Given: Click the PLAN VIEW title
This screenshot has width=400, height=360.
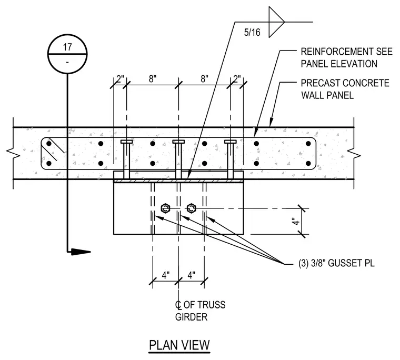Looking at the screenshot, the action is pyautogui.click(x=179, y=345).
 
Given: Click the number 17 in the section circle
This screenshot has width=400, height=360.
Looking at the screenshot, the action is pyautogui.click(x=67, y=47).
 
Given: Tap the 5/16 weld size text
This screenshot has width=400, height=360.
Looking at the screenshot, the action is pyautogui.click(x=252, y=33).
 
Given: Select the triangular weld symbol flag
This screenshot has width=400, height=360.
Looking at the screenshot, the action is pyautogui.click(x=276, y=22).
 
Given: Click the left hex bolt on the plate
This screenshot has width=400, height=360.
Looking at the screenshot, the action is pyautogui.click(x=166, y=208).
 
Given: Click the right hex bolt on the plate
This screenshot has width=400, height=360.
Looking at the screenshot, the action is pyautogui.click(x=191, y=208).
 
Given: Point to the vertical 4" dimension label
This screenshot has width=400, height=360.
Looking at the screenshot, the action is pyautogui.click(x=295, y=221).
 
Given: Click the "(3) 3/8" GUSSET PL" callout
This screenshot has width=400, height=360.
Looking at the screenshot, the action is pyautogui.click(x=336, y=263).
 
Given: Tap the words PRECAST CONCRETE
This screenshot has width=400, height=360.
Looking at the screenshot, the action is pyautogui.click(x=345, y=83).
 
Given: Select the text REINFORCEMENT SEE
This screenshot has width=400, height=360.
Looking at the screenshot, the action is pyautogui.click(x=347, y=52).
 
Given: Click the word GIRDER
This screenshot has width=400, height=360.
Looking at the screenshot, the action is pyautogui.click(x=191, y=317).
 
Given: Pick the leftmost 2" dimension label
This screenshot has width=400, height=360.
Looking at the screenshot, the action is pyautogui.click(x=120, y=78).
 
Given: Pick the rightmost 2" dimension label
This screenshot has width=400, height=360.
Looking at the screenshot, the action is pyautogui.click(x=237, y=78).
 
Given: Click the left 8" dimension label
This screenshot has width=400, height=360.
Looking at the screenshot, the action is pyautogui.click(x=153, y=78).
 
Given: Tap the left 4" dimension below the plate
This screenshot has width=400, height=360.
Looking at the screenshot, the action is pyautogui.click(x=166, y=275).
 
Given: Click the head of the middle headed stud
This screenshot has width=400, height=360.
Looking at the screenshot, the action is pyautogui.click(x=178, y=142).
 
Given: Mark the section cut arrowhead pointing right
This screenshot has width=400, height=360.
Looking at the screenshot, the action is pyautogui.click(x=81, y=252).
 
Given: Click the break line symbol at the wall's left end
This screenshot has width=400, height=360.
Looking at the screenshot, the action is pyautogui.click(x=13, y=153).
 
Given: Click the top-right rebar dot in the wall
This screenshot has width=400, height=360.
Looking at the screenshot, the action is pyautogui.click(x=308, y=144).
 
